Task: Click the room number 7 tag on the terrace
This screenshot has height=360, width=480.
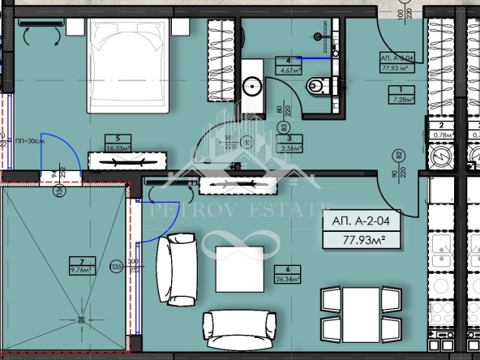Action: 81,262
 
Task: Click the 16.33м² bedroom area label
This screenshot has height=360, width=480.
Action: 118,148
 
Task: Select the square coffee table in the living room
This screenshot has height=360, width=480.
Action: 239,268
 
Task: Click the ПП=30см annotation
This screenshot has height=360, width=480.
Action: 30,141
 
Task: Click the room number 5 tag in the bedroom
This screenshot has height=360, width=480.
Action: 118,139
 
